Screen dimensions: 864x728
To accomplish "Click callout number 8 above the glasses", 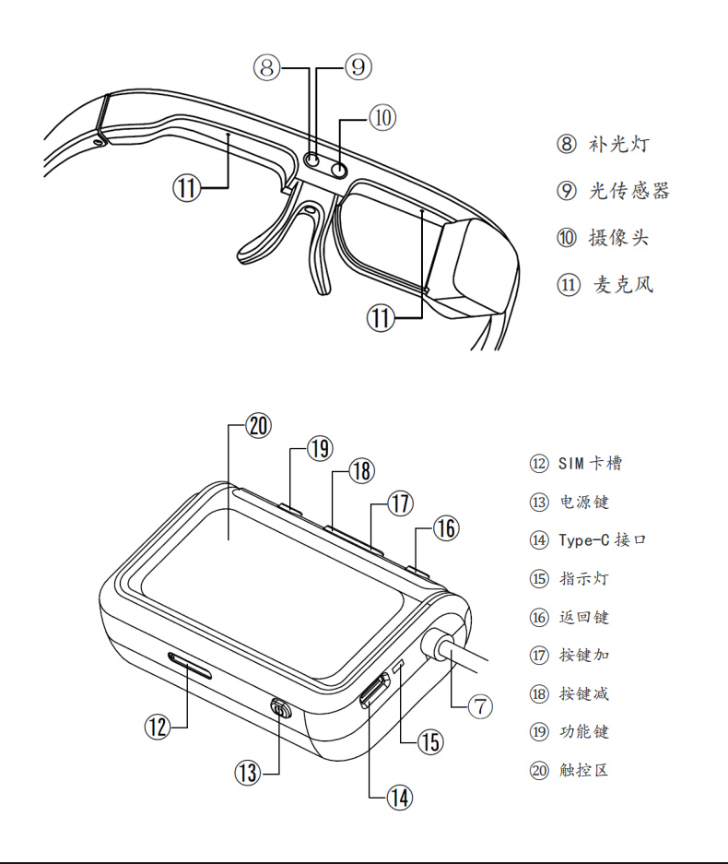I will coord(266,66).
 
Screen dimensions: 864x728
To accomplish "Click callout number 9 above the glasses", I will coord(358,66).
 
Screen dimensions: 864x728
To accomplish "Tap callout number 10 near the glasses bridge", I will coord(382,117).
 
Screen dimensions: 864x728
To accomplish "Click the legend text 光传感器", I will coord(629,191).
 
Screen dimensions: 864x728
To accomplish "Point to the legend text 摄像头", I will coord(618,238).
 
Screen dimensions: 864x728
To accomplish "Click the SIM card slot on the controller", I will coord(190,662).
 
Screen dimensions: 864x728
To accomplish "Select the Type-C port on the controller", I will coord(374,690).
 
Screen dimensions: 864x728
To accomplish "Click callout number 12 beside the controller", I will coord(158,727).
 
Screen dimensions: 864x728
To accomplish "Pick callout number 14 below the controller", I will coord(398,798).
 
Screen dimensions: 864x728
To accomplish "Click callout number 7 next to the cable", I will coord(480,707).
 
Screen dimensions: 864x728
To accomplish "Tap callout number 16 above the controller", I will coord(445,528).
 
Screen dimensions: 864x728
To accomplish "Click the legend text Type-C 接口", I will coord(602,539).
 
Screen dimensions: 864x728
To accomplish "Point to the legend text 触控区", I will coord(583,769).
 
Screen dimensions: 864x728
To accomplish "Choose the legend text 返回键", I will coord(583,617).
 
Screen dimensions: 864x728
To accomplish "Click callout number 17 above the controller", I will coord(399,503).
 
